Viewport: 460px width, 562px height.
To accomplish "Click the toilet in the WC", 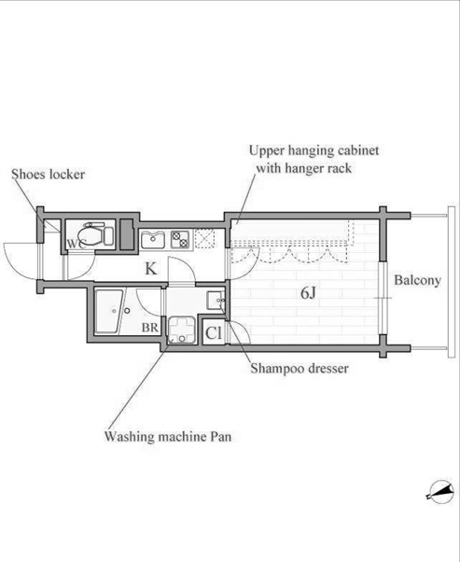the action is (95, 234).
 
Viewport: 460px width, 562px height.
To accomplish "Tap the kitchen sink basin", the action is (153, 240).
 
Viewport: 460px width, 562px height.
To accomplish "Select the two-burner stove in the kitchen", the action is (180, 239).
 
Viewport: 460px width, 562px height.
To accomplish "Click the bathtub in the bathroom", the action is (109, 312).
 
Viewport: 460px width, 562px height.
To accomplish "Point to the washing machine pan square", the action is (182, 330).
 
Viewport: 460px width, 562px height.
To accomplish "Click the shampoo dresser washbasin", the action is (216, 301).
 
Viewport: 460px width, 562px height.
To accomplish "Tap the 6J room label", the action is (308, 293).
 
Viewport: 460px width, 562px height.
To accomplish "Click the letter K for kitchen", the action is (151, 268).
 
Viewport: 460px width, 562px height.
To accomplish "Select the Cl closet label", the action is (214, 333).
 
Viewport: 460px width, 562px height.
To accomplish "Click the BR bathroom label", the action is (149, 328).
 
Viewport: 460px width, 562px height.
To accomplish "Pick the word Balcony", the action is (417, 280).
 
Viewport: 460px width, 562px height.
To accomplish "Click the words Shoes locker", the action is (48, 175).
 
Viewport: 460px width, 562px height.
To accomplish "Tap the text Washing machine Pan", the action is (168, 437).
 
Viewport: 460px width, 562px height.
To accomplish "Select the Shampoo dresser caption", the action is (300, 369).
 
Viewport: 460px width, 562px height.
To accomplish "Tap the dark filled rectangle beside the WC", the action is (126, 234).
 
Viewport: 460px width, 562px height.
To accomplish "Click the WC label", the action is (77, 244).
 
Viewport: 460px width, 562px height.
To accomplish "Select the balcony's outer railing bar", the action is (451, 282).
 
